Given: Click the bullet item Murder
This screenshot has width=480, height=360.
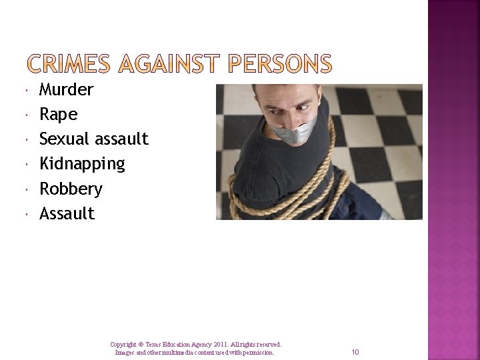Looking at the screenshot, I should click(66, 89).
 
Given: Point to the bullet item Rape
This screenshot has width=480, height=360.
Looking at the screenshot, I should click(58, 115).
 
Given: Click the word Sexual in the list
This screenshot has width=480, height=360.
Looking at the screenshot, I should click(64, 139).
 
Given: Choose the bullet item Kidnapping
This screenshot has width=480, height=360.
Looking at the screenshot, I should click(82, 163).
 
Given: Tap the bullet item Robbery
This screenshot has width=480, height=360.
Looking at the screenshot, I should click(71, 189).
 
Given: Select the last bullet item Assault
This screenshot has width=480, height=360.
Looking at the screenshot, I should click(67, 213).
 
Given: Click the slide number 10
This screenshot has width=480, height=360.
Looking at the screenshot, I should click(355, 352).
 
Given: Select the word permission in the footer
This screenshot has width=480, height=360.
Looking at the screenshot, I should click(256, 352).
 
